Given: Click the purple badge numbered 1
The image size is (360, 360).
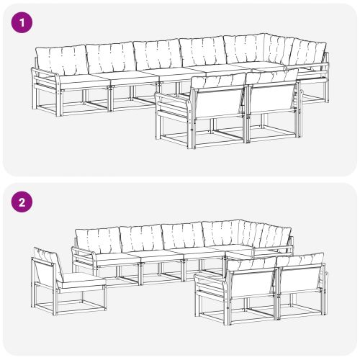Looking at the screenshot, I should pyautogui.click(x=22, y=22).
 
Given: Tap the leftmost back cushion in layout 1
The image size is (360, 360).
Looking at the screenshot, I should pyautogui.click(x=60, y=58).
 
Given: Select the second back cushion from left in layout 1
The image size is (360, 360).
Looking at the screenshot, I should pyautogui.click(x=109, y=56).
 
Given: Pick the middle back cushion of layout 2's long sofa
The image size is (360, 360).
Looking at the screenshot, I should pyautogui.click(x=181, y=235).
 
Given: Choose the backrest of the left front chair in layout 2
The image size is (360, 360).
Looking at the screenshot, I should pyautogui.click(x=251, y=284).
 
